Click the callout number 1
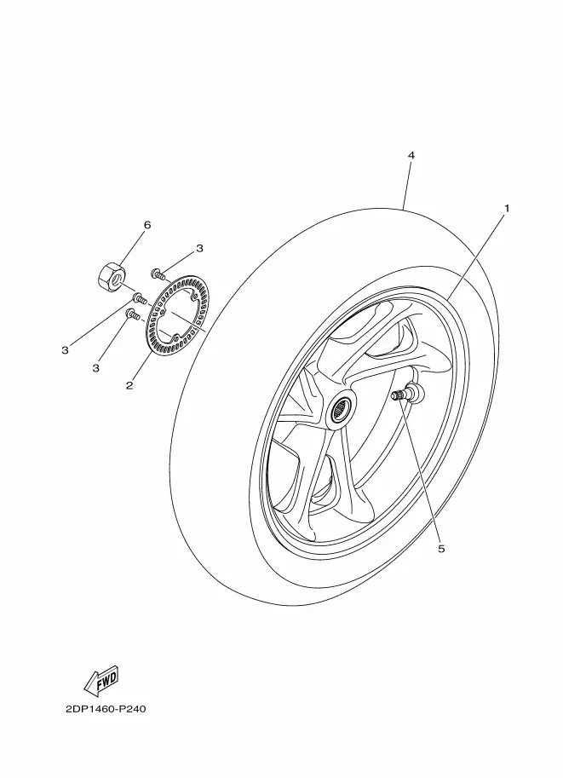[507, 209]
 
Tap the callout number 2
[129, 385]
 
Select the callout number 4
[411, 155]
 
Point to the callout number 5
[441, 549]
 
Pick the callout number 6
[146, 225]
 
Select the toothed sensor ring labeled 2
[176, 315]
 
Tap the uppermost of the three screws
[158, 273]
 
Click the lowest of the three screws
[134, 314]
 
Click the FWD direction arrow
[101, 679]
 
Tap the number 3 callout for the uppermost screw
[199, 249]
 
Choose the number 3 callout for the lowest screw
[95, 368]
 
